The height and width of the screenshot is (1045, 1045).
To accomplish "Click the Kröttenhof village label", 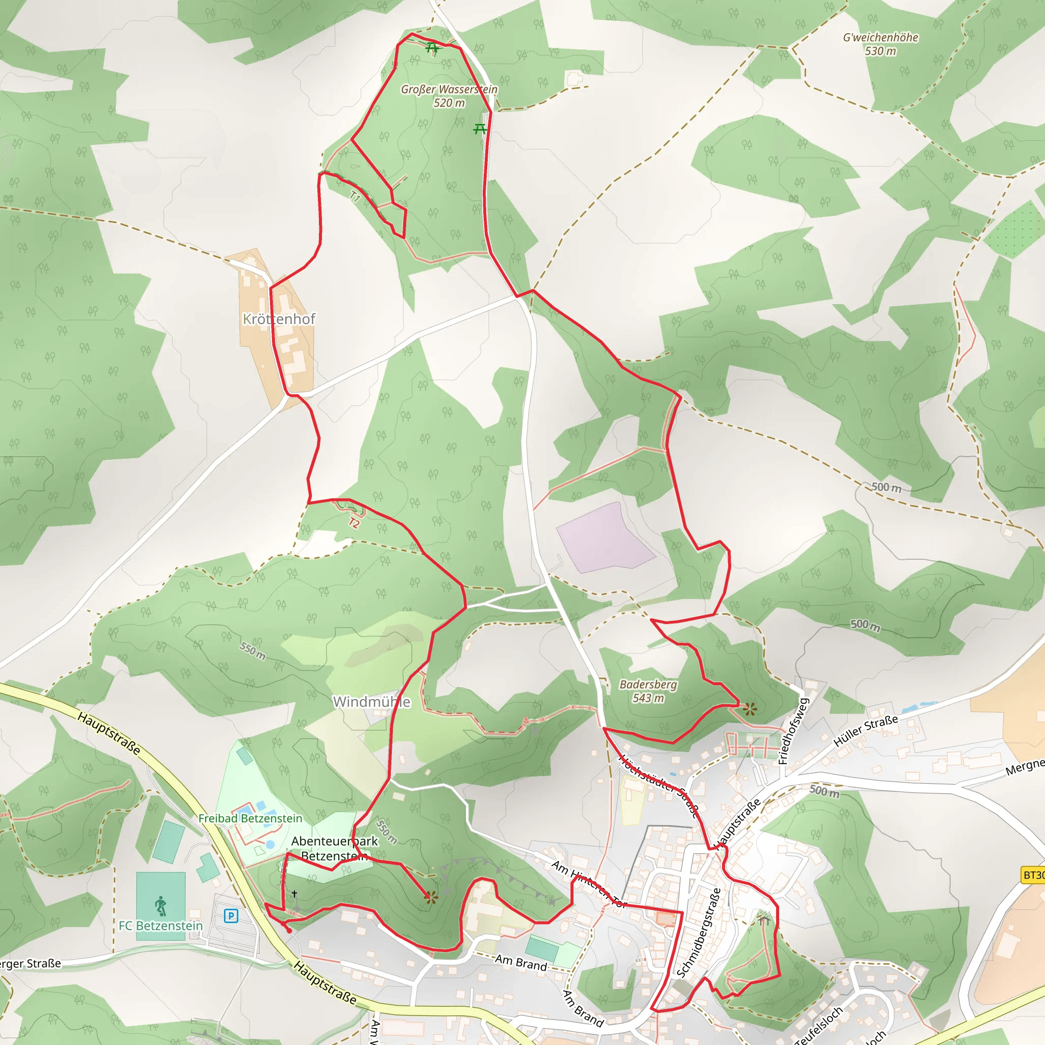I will tap(279, 319).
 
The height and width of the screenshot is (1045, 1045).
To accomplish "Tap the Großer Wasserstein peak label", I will tap(449, 96).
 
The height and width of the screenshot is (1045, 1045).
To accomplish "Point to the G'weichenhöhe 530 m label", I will tap(880, 44).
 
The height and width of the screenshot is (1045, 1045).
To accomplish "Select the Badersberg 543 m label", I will tap(648, 691).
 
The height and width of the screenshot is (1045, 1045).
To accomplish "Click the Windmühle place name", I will tap(371, 702).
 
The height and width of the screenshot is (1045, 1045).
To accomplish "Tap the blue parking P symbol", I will tap(231, 916).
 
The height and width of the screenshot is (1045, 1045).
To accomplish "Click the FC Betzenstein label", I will tap(161, 926).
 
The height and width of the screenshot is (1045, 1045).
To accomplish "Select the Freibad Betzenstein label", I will tap(250, 818).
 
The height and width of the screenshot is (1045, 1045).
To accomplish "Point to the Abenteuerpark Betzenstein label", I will tap(334, 848).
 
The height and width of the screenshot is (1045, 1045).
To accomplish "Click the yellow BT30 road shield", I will tap(1033, 875).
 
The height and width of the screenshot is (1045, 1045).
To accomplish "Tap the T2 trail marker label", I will tap(354, 523).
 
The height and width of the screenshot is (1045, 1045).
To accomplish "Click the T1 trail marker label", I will tap(354, 196).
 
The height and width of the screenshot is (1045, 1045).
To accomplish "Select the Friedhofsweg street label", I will tap(793, 731).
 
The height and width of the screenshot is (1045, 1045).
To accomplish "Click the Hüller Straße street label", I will tap(865, 731).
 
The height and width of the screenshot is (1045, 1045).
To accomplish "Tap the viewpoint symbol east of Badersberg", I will tap(749, 709).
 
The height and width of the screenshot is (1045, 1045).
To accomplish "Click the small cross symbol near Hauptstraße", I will tap(294, 893).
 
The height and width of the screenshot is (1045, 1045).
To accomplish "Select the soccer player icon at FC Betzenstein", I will tap(161, 906).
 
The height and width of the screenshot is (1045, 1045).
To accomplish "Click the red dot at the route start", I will tap(289, 930).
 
